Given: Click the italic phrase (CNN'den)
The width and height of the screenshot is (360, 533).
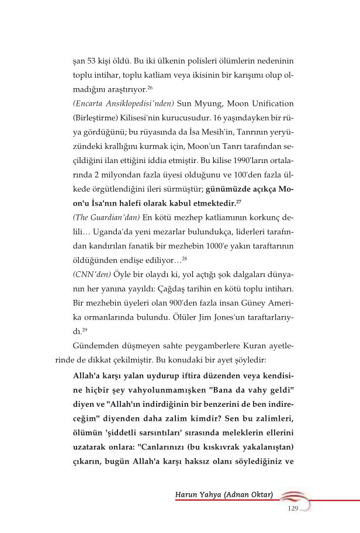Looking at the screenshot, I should [92, 274].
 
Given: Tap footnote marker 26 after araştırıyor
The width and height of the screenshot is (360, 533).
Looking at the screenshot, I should [150, 87].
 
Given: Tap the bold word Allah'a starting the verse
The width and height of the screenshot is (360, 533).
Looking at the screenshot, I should [86, 375].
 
